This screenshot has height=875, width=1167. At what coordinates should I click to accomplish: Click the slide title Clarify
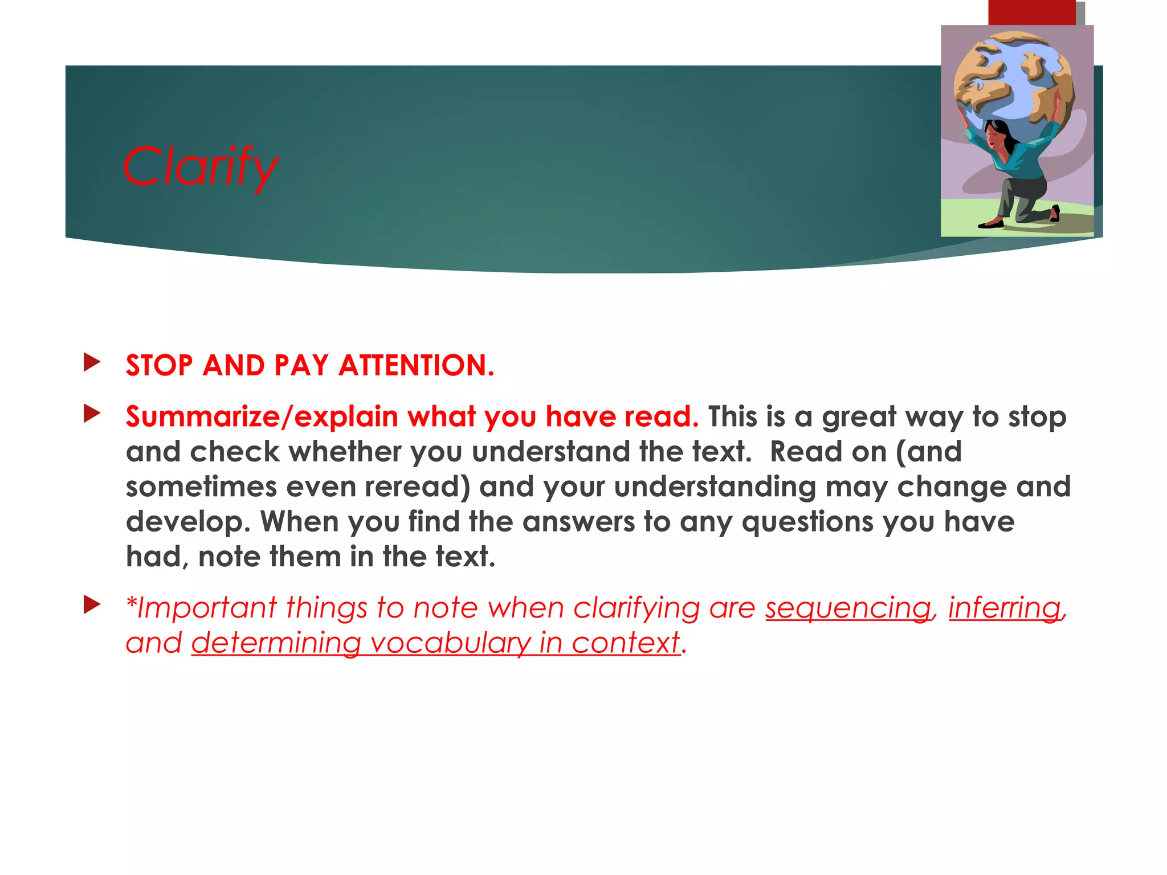click(x=201, y=166)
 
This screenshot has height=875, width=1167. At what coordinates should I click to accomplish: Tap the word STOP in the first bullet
click(x=159, y=365)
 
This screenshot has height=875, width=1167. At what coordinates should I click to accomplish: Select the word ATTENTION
click(x=416, y=365)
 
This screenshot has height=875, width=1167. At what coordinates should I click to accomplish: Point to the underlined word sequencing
click(x=848, y=608)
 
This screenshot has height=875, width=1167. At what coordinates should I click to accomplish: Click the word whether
click(x=345, y=452)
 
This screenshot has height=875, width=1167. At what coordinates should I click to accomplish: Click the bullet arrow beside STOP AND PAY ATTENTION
click(x=91, y=362)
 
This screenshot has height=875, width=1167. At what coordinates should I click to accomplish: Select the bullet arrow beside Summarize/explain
click(x=91, y=414)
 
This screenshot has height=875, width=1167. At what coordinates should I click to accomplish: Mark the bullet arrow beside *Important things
click(x=91, y=605)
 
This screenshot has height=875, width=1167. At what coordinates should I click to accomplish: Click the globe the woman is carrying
click(x=1014, y=80)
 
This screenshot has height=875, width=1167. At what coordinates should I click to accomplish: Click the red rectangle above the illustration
click(x=1031, y=13)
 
